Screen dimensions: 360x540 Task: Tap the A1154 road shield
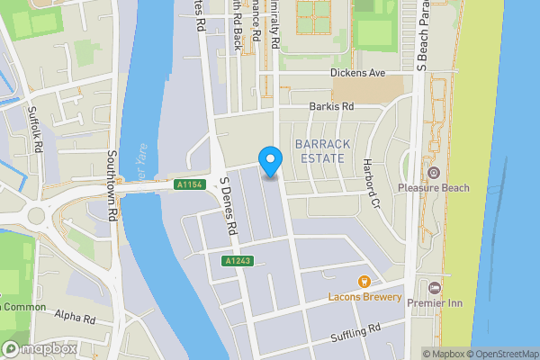(187, 184)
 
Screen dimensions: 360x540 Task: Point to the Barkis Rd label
(331, 106)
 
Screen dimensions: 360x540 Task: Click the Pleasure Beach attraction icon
(433, 173)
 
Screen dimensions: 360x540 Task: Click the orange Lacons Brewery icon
(364, 282)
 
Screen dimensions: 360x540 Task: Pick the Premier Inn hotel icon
(436, 287)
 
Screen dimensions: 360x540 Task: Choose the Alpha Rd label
(75, 318)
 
